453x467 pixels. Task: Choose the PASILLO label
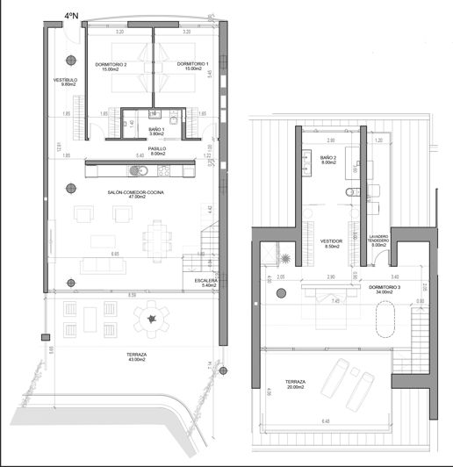pyautogui.click(x=157, y=150)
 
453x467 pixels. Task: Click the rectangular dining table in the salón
pyautogui.click(x=158, y=234)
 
